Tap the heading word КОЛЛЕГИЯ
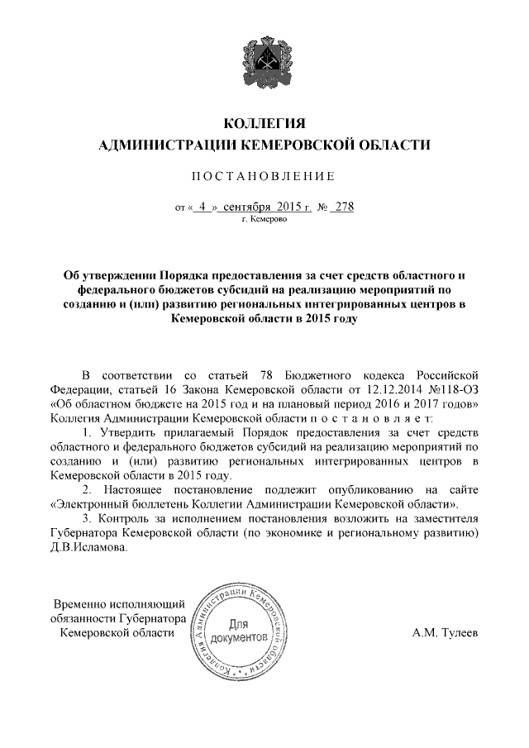click(264, 124)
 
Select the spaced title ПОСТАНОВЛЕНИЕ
click(264, 176)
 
